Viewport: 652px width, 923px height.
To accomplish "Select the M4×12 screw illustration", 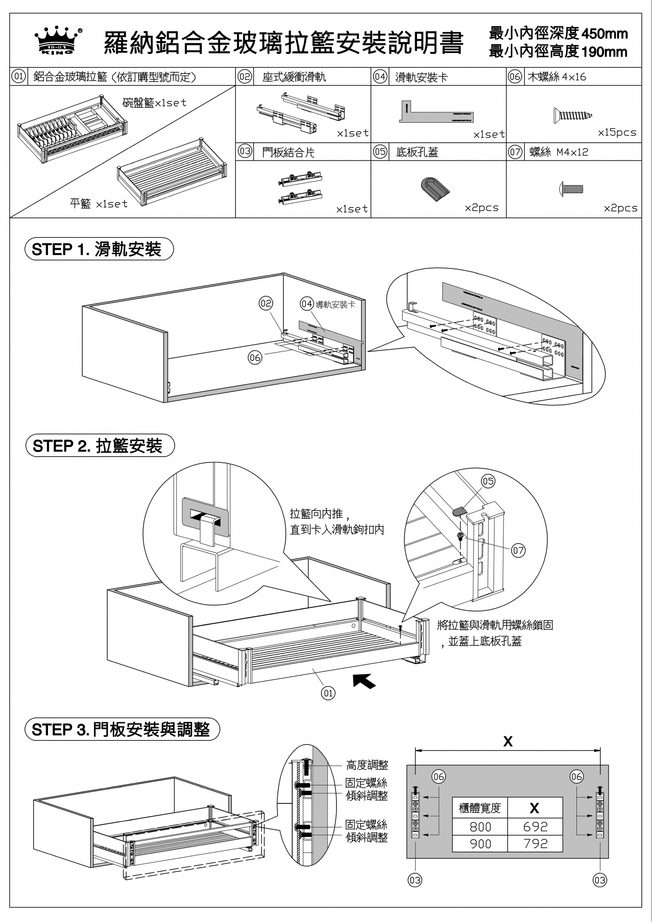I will [x=571, y=188].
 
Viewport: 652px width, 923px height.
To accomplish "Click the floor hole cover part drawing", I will [x=435, y=188].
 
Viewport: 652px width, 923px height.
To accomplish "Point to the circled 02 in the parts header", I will [x=245, y=77].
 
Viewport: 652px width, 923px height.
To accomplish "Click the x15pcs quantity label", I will [x=617, y=133].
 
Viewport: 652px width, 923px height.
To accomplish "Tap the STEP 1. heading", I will [x=99, y=249].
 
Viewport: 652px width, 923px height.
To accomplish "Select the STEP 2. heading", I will [x=100, y=446].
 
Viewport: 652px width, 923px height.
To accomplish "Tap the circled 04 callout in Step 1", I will [x=307, y=304].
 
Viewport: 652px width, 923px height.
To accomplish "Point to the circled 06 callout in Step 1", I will [x=255, y=357].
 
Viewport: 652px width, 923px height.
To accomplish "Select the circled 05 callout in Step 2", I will [x=488, y=481].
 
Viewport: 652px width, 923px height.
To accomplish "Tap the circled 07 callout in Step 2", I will [x=518, y=550].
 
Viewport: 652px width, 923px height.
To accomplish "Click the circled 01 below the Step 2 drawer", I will [x=328, y=705].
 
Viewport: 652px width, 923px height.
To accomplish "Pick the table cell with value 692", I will [x=535, y=827].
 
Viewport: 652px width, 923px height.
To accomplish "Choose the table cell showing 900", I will [x=480, y=843].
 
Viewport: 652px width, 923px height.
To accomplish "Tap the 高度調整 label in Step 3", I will [x=367, y=765].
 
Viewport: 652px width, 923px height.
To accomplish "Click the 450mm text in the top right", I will [x=604, y=34].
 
